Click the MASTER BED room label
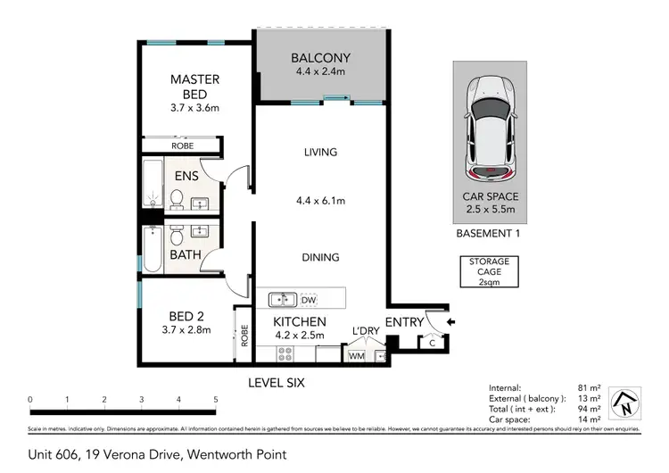[194, 87]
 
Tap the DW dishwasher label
[309, 300]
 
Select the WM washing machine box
[355, 356]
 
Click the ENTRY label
[403, 322]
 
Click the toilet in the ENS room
[176, 199]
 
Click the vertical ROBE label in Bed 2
[243, 336]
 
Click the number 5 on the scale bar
[215, 399]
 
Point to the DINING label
[320, 257]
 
